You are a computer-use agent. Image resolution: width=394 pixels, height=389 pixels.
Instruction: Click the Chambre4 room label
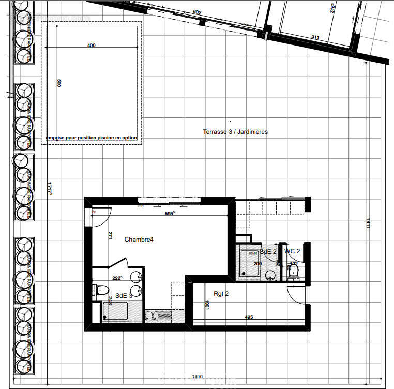[x=139, y=240]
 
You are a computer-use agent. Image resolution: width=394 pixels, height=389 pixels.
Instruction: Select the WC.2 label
[x=292, y=251]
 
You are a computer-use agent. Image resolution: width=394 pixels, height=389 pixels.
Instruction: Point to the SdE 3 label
[x=121, y=295]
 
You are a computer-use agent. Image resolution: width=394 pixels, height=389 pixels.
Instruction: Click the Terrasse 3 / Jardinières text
[x=235, y=132]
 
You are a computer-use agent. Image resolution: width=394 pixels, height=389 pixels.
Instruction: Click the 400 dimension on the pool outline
[x=92, y=46]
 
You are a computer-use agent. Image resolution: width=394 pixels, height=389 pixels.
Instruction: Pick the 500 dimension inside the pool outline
[x=59, y=83]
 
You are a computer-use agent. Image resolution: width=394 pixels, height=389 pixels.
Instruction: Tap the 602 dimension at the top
[x=196, y=12]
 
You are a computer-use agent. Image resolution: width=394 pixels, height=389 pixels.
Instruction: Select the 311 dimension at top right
[x=315, y=37]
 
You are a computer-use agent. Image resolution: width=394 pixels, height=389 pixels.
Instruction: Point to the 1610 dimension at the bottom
[x=197, y=377]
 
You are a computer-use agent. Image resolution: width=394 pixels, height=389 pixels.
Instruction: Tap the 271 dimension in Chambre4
[x=110, y=236]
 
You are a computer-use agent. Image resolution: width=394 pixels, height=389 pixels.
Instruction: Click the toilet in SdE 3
[x=102, y=289]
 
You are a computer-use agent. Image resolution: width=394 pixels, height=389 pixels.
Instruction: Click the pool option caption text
[x=92, y=138]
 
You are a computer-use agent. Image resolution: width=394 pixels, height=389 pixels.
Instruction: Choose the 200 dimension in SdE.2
[x=257, y=264]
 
